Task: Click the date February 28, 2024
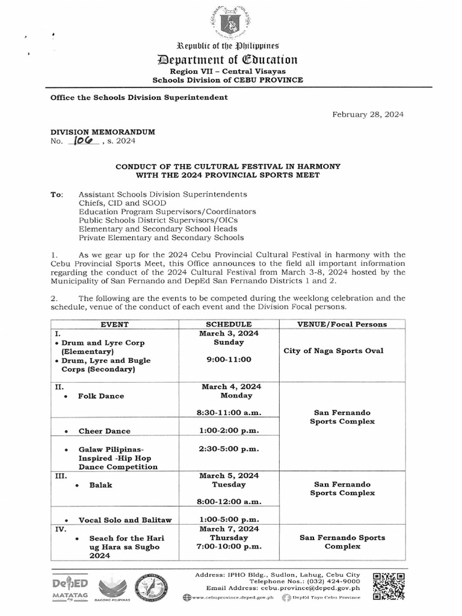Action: (368, 114)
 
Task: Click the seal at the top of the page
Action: (230, 22)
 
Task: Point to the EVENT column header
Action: (114, 324)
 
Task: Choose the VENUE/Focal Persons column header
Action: (342, 324)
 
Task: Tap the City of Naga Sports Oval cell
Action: (342, 351)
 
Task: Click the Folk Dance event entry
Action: (100, 396)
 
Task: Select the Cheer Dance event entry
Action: (104, 431)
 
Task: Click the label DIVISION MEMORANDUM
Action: (103, 132)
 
